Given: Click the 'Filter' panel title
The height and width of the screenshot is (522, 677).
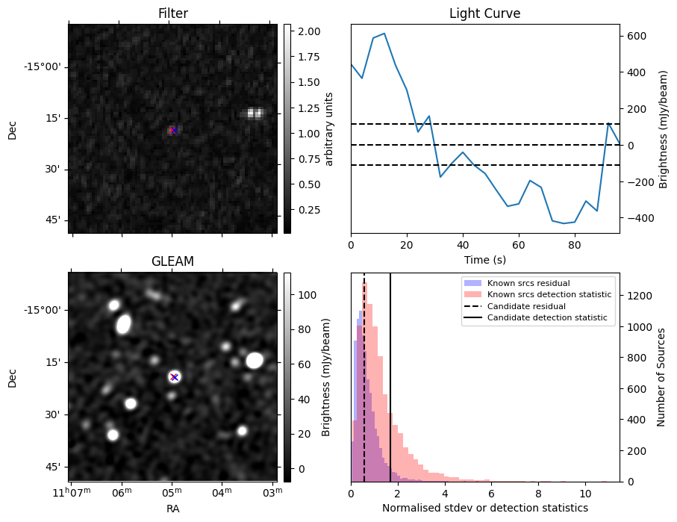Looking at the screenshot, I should [172, 13].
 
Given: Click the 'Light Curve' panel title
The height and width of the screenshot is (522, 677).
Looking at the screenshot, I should [484, 13].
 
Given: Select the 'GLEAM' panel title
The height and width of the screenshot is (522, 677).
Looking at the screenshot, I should [172, 261].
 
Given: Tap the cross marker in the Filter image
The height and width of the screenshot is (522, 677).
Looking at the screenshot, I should [173, 130].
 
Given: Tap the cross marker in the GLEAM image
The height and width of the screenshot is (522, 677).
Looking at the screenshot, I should [174, 377].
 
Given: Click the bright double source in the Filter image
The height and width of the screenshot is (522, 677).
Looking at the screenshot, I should [255, 114].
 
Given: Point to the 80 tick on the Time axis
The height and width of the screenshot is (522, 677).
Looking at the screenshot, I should [574, 243].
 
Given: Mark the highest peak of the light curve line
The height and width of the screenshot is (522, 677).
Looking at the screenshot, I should [384, 34].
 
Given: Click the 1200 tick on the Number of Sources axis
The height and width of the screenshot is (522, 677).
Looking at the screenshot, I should [639, 296].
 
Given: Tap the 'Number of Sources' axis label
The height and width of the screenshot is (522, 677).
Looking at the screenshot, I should [661, 376].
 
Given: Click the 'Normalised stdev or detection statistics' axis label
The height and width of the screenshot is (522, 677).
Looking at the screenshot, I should [484, 508].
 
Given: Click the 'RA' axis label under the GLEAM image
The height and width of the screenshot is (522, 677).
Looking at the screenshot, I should [172, 509].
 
